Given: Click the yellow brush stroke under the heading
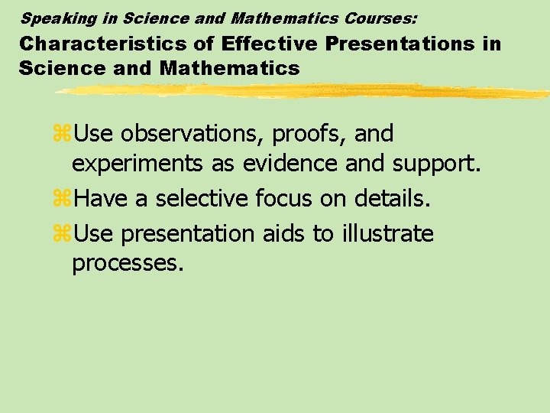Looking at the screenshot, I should tap(306, 91).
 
